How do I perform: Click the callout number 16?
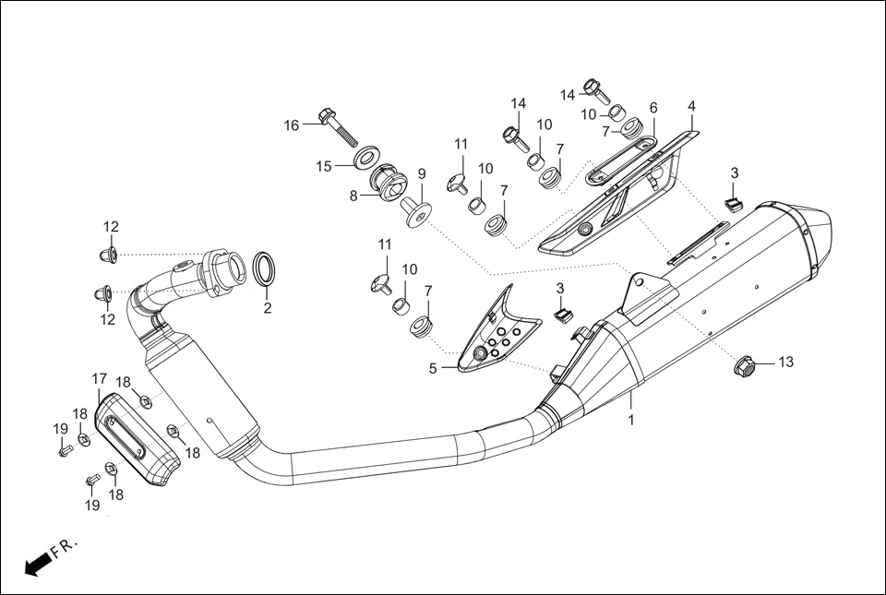(292, 125)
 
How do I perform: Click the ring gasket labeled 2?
(263, 268)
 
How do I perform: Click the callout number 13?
(785, 363)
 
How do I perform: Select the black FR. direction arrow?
(36, 565)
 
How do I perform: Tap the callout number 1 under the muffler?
(631, 420)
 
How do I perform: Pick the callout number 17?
(100, 378)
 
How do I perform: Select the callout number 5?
(432, 368)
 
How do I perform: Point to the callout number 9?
(421, 173)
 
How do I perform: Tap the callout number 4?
(691, 107)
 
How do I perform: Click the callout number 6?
(653, 108)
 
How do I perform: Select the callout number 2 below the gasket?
(268, 308)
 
